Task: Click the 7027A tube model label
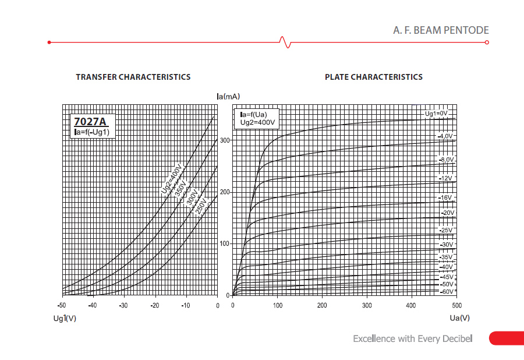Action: pos(90,122)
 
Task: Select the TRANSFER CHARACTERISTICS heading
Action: pos(133,77)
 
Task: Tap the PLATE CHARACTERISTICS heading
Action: pos(374,77)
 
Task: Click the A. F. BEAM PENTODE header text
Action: pos(441,30)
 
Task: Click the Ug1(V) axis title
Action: pos(65,318)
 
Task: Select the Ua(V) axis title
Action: pos(459,318)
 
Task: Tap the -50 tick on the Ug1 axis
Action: pos(61,305)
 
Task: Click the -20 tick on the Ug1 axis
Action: pos(154,305)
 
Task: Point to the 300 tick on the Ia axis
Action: pos(225,140)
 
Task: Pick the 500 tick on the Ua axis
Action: pos(456,305)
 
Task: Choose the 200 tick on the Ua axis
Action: pos(322,305)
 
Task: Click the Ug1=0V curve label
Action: pos(436,113)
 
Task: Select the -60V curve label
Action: pos(446,291)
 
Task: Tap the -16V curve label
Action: pos(445,198)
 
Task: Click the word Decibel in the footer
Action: pos(456,338)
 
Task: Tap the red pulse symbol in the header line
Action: pos(284,42)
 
